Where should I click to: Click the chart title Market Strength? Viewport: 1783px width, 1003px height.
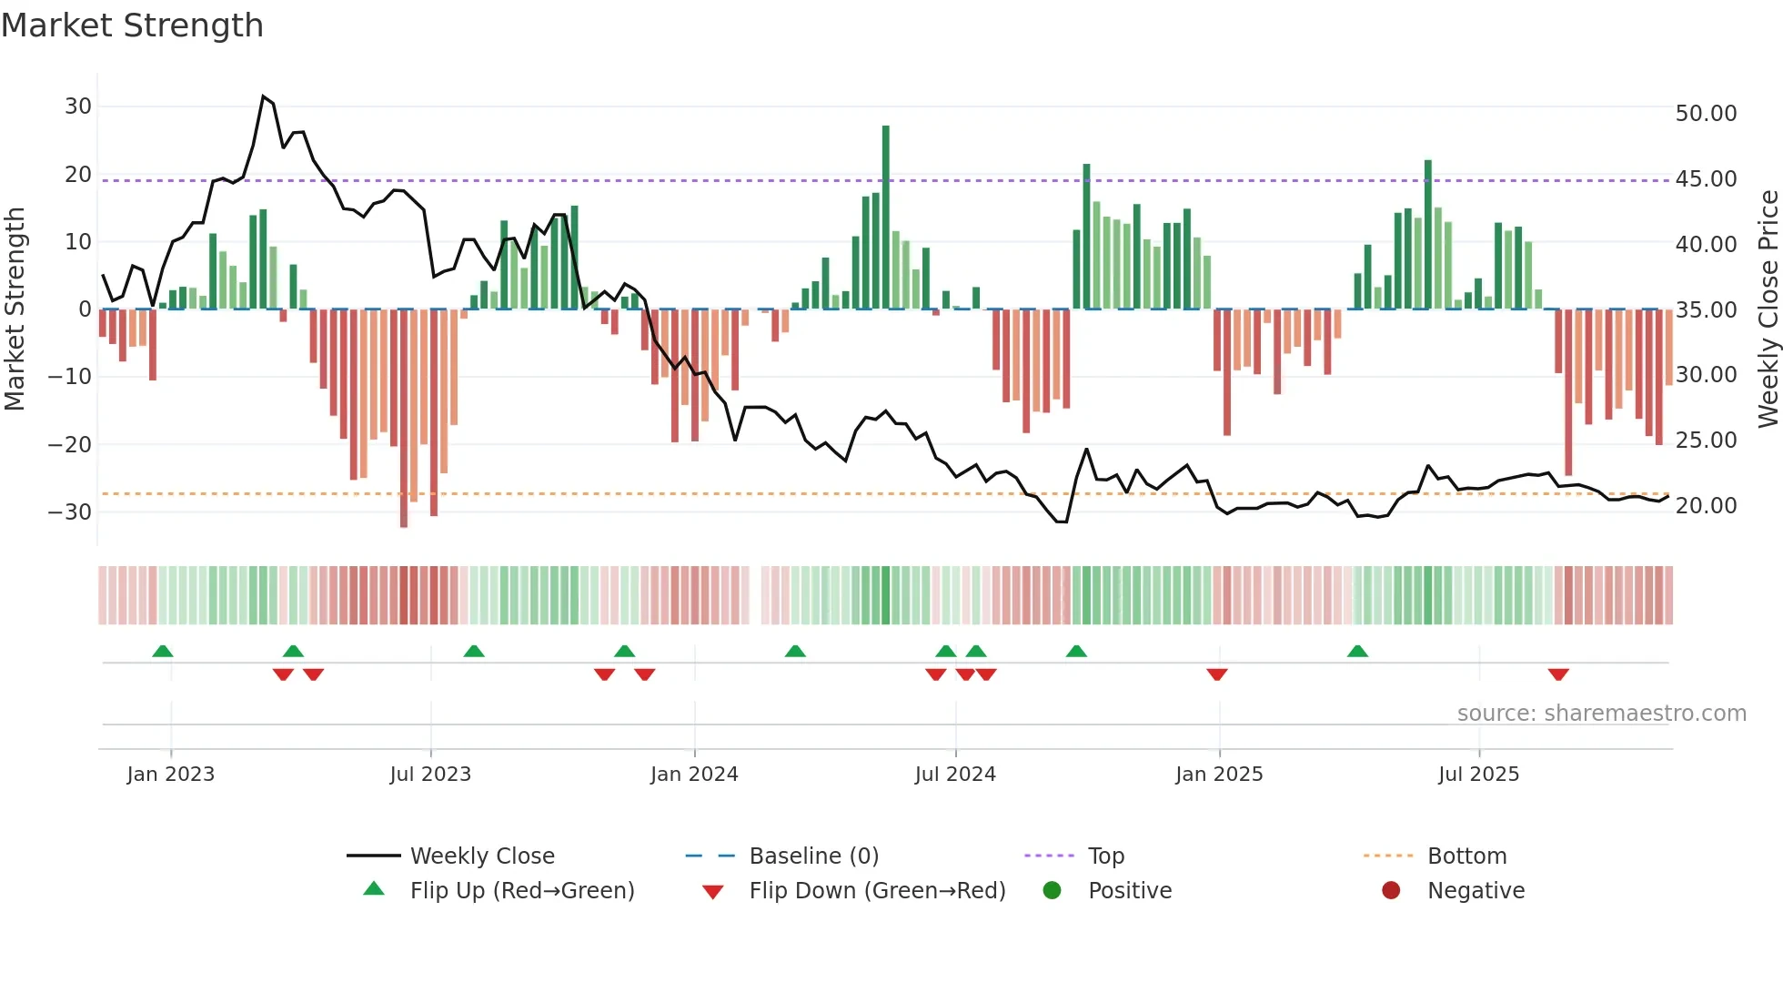click(132, 25)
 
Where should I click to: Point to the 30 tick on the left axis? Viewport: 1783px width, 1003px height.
click(78, 106)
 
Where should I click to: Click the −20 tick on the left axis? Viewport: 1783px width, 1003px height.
click(70, 445)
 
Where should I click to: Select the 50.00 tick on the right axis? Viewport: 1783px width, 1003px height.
click(1706, 114)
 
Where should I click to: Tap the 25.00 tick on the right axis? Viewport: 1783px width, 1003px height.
click(1706, 441)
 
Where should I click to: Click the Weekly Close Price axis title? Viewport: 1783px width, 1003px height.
click(1768, 309)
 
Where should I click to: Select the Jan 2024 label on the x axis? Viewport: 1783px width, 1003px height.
click(694, 775)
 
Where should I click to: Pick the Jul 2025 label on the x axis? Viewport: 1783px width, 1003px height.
click(1478, 775)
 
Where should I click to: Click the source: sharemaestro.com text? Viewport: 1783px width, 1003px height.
click(1601, 714)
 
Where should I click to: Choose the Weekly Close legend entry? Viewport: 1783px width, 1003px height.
click(482, 856)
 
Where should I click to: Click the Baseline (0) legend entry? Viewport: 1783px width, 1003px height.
click(813, 856)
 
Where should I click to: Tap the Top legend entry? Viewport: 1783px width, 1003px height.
click(1106, 856)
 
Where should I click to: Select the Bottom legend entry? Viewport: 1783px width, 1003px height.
click(1466, 856)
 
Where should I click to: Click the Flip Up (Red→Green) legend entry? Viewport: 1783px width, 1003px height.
click(521, 891)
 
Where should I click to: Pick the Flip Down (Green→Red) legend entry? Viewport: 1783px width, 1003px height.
click(877, 891)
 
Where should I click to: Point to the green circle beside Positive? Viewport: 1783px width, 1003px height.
click(1053, 891)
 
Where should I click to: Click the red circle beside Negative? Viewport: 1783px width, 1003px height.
click(1391, 891)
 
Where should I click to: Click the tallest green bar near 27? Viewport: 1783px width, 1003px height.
click(886, 218)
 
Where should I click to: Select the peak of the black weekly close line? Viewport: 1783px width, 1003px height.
click(263, 96)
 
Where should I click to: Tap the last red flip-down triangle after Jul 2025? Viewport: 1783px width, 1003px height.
click(1558, 674)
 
